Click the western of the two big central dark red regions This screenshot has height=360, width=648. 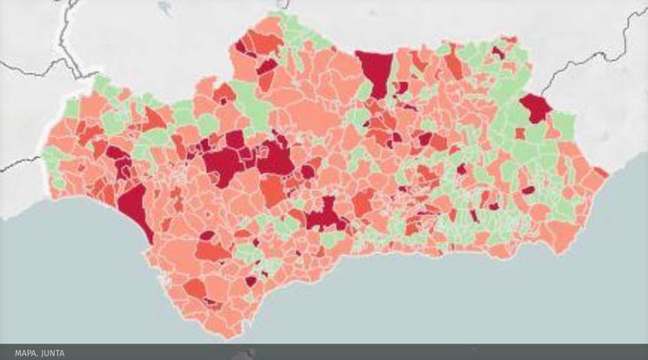pyautogui.click(x=225, y=161)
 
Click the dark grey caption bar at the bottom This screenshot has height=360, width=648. pyautogui.click(x=348, y=353)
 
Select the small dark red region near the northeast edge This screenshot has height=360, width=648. pyautogui.click(x=498, y=51)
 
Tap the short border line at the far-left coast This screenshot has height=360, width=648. pyautogui.click(x=26, y=162)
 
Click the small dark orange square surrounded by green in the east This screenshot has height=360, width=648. pyautogui.click(x=520, y=134)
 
